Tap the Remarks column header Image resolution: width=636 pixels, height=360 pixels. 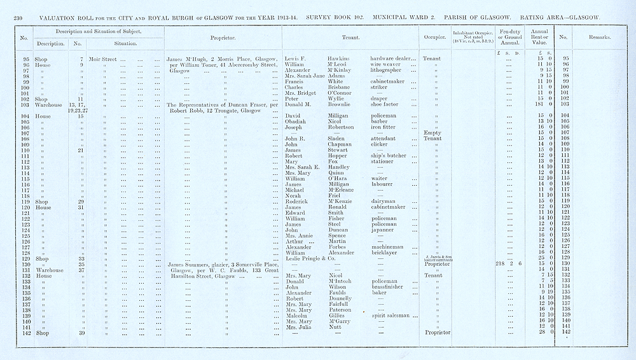pos(598,38)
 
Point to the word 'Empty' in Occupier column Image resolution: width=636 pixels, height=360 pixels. pos(432,132)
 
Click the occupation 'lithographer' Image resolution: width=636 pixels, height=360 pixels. pos(389,70)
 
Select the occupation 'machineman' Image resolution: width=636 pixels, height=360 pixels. pos(390,247)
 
